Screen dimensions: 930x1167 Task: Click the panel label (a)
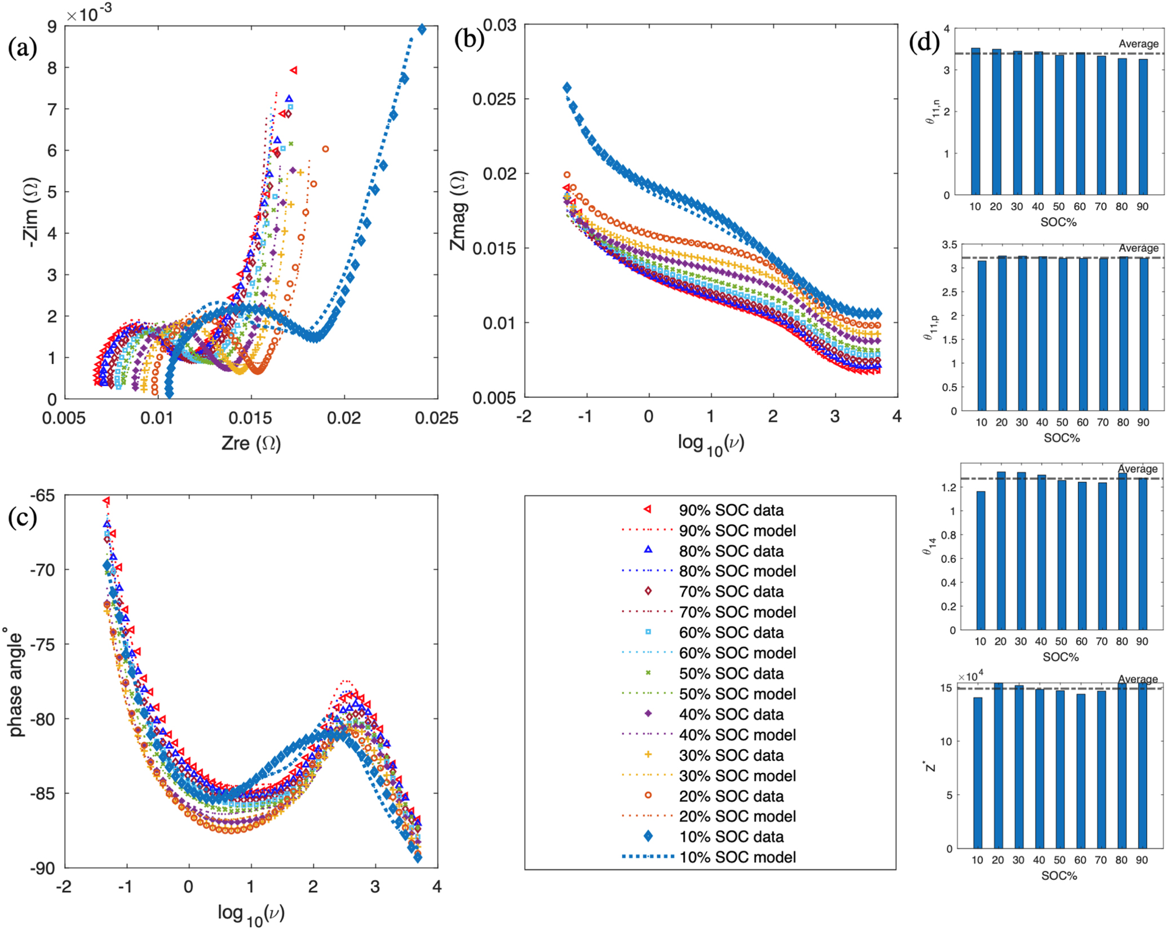(x=23, y=49)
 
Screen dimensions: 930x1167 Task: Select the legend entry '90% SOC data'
(x=731, y=510)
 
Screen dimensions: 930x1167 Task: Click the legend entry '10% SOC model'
(x=737, y=857)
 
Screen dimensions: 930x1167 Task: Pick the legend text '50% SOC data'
(x=731, y=673)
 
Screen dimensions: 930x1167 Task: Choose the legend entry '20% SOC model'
(x=737, y=816)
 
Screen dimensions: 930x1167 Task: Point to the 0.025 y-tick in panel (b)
(x=494, y=99)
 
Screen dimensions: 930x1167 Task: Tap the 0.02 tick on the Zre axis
(x=344, y=418)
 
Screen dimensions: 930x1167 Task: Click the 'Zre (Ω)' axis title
(x=251, y=443)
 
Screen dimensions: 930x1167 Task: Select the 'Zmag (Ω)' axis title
(x=459, y=210)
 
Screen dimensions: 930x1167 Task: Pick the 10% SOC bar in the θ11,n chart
(x=975, y=122)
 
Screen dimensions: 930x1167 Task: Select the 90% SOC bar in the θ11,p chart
(x=1143, y=334)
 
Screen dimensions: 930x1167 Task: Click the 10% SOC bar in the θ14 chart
(x=981, y=560)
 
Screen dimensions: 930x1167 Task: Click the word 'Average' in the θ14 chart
(x=1138, y=469)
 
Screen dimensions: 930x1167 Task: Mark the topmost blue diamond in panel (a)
(x=422, y=30)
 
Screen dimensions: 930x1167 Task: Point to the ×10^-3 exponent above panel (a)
(x=89, y=15)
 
